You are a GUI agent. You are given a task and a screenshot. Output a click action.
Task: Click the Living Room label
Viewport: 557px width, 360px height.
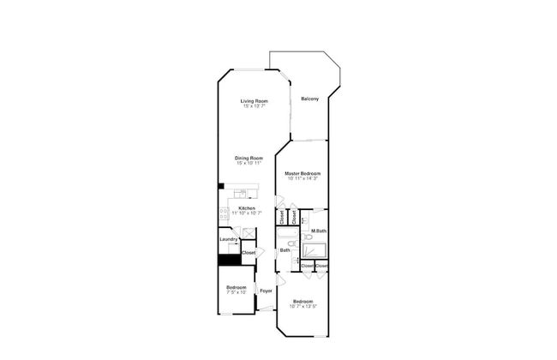253,101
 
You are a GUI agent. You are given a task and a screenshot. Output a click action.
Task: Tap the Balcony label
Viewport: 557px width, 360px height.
309,99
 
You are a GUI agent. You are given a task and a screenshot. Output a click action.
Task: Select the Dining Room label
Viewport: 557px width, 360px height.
249,158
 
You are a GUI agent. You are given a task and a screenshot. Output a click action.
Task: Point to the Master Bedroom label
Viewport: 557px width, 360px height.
302,173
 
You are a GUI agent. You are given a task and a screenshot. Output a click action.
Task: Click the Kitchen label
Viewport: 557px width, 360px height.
247,207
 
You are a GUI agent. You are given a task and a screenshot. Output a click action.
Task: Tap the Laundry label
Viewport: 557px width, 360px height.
227,240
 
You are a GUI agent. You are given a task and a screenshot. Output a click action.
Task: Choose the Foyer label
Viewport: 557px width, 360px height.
266,290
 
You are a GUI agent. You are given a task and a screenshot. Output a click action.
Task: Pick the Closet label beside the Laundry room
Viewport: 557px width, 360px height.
249,253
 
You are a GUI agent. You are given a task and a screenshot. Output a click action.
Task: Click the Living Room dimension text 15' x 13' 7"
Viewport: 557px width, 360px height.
253,106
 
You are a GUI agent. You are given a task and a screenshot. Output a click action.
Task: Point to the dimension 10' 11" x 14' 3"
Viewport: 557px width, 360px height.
302,178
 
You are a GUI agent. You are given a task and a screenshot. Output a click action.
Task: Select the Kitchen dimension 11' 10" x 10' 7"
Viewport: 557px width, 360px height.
247,213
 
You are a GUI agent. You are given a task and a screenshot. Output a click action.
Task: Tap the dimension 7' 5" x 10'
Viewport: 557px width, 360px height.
236,292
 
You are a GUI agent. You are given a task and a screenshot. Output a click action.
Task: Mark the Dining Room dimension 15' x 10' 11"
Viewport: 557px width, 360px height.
249,163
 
